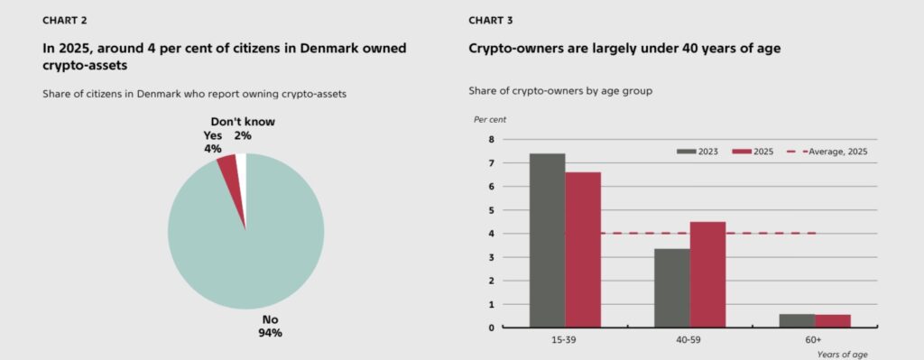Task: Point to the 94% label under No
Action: tap(270, 333)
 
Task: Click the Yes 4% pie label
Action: tap(213, 142)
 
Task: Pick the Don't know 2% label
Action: tap(242, 128)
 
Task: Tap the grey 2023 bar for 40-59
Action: tap(672, 288)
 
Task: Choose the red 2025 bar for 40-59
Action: tap(707, 274)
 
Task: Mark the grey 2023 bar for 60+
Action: tap(797, 320)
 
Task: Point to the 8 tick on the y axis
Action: tap(491, 140)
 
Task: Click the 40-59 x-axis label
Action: tap(689, 339)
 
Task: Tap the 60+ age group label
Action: tap(813, 339)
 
